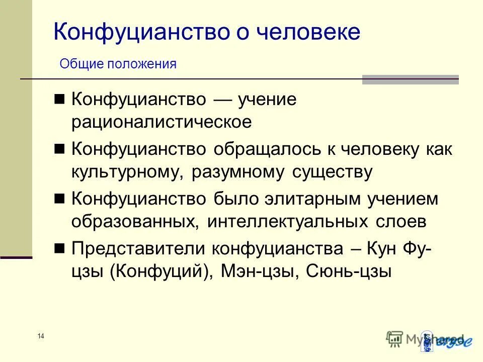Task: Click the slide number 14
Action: point(41,336)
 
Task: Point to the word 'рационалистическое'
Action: point(161,123)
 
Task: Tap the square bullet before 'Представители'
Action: point(60,248)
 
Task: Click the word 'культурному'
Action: point(128,172)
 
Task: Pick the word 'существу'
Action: point(332,172)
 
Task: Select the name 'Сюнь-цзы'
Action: point(350,272)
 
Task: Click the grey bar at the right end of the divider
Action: point(410,79)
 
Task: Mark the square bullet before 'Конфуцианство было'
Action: point(60,199)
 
